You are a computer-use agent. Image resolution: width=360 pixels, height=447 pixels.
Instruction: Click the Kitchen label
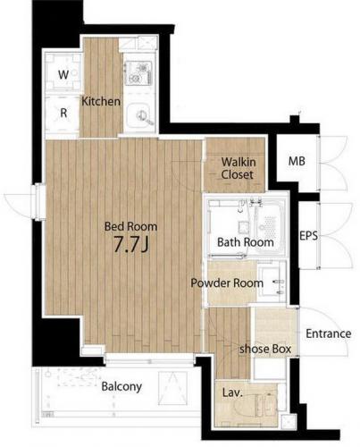pos(101,102)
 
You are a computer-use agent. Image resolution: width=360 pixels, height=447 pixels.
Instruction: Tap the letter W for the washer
pos(63,74)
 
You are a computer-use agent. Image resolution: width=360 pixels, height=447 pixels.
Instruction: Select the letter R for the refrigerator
pos(63,113)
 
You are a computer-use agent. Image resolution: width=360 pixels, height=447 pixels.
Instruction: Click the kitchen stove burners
pos(138,73)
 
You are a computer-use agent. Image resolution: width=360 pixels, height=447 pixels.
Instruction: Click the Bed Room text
pos(130,226)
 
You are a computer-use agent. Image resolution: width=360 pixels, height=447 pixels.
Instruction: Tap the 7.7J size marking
pos(131,245)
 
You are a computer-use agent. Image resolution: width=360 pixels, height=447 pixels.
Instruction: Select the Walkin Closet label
pos(238,168)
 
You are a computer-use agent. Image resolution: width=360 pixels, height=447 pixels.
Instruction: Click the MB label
pos(297,161)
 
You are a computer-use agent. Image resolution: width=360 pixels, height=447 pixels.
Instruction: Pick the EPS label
pos(308,236)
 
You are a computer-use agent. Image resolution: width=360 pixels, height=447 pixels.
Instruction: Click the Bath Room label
pos(246,242)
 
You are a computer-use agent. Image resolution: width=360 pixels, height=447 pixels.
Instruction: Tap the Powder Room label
pos(227,283)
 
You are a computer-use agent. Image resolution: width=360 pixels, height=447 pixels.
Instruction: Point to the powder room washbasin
pos(272,283)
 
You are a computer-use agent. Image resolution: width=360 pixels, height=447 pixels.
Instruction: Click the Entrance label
pos(329,333)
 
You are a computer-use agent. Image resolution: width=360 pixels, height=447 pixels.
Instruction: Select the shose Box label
pos(265,349)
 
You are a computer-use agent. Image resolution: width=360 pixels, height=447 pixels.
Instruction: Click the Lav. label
pos(232,392)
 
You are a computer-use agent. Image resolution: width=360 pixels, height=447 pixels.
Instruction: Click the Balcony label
pos(121,386)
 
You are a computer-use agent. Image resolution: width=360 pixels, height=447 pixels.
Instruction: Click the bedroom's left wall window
pos(39,202)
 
